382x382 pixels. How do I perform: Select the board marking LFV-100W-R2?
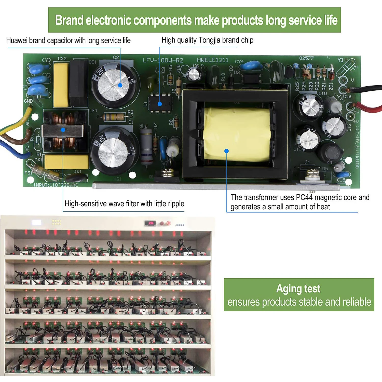[x=163, y=60]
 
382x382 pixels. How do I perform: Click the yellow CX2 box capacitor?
[x=61, y=85]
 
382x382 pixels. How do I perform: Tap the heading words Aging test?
[x=298, y=289]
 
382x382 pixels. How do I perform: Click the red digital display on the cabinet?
[x=151, y=223]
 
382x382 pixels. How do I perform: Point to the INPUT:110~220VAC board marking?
[x=56, y=185]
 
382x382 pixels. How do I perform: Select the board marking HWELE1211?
[x=213, y=60]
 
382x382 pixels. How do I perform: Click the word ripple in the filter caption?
[x=176, y=204]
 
